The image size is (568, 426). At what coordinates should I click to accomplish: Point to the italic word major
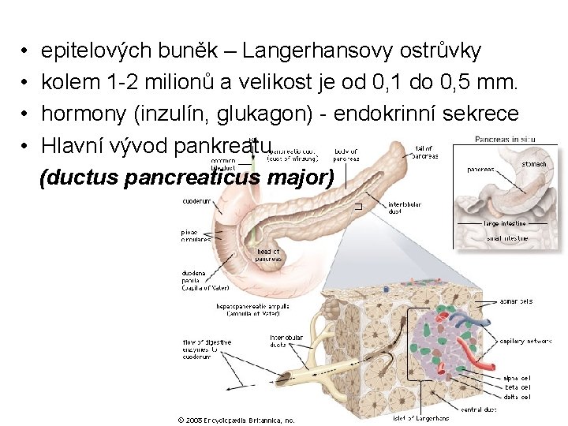point(300,177)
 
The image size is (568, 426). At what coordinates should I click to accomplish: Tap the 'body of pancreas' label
point(346,155)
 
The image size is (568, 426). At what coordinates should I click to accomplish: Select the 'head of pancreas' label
point(269,255)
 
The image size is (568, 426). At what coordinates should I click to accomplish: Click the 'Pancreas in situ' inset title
point(505,140)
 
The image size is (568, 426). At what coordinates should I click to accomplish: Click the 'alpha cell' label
point(517,378)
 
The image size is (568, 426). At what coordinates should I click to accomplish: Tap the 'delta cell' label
point(517,397)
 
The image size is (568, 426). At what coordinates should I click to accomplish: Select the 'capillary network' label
point(525,342)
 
